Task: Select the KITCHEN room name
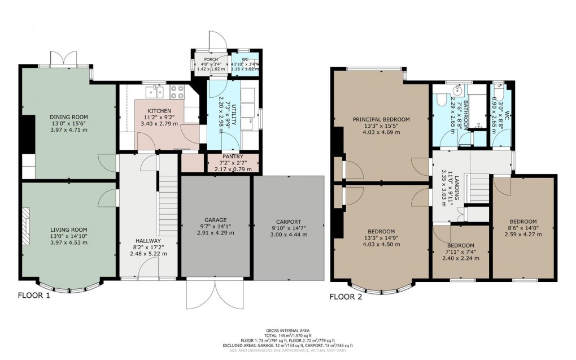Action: point(155,110)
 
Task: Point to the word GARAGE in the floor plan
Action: point(215,219)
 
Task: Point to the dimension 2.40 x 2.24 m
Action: point(460,258)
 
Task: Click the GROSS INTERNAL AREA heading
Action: point(288,331)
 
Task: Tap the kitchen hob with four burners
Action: point(174,89)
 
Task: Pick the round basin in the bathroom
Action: point(459,91)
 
